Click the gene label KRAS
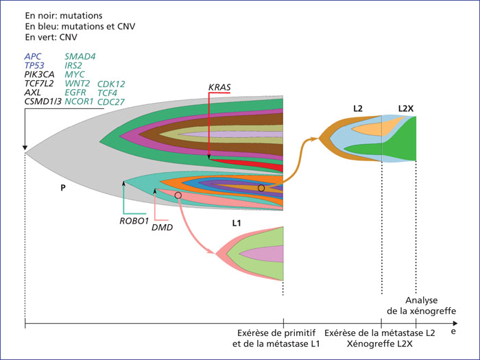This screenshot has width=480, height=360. (219, 87)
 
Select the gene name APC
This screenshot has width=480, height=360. (32, 57)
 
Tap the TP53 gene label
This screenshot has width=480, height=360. (34, 66)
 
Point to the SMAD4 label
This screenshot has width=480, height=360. (80, 57)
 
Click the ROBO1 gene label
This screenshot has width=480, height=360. (134, 221)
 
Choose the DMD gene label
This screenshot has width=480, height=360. (163, 228)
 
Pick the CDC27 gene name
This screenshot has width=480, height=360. (111, 102)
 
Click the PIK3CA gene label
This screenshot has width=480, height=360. (40, 74)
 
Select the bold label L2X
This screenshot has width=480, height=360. (406, 108)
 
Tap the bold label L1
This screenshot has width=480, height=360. (237, 223)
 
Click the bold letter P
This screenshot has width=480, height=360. (63, 188)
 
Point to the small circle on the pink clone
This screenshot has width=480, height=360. (178, 195)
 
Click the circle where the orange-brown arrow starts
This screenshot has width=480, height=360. (261, 188)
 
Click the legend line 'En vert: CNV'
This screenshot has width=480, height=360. (51, 37)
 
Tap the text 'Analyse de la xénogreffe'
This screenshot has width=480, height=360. (422, 306)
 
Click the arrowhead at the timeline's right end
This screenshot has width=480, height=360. (455, 323)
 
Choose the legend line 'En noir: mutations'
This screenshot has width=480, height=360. (64, 16)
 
